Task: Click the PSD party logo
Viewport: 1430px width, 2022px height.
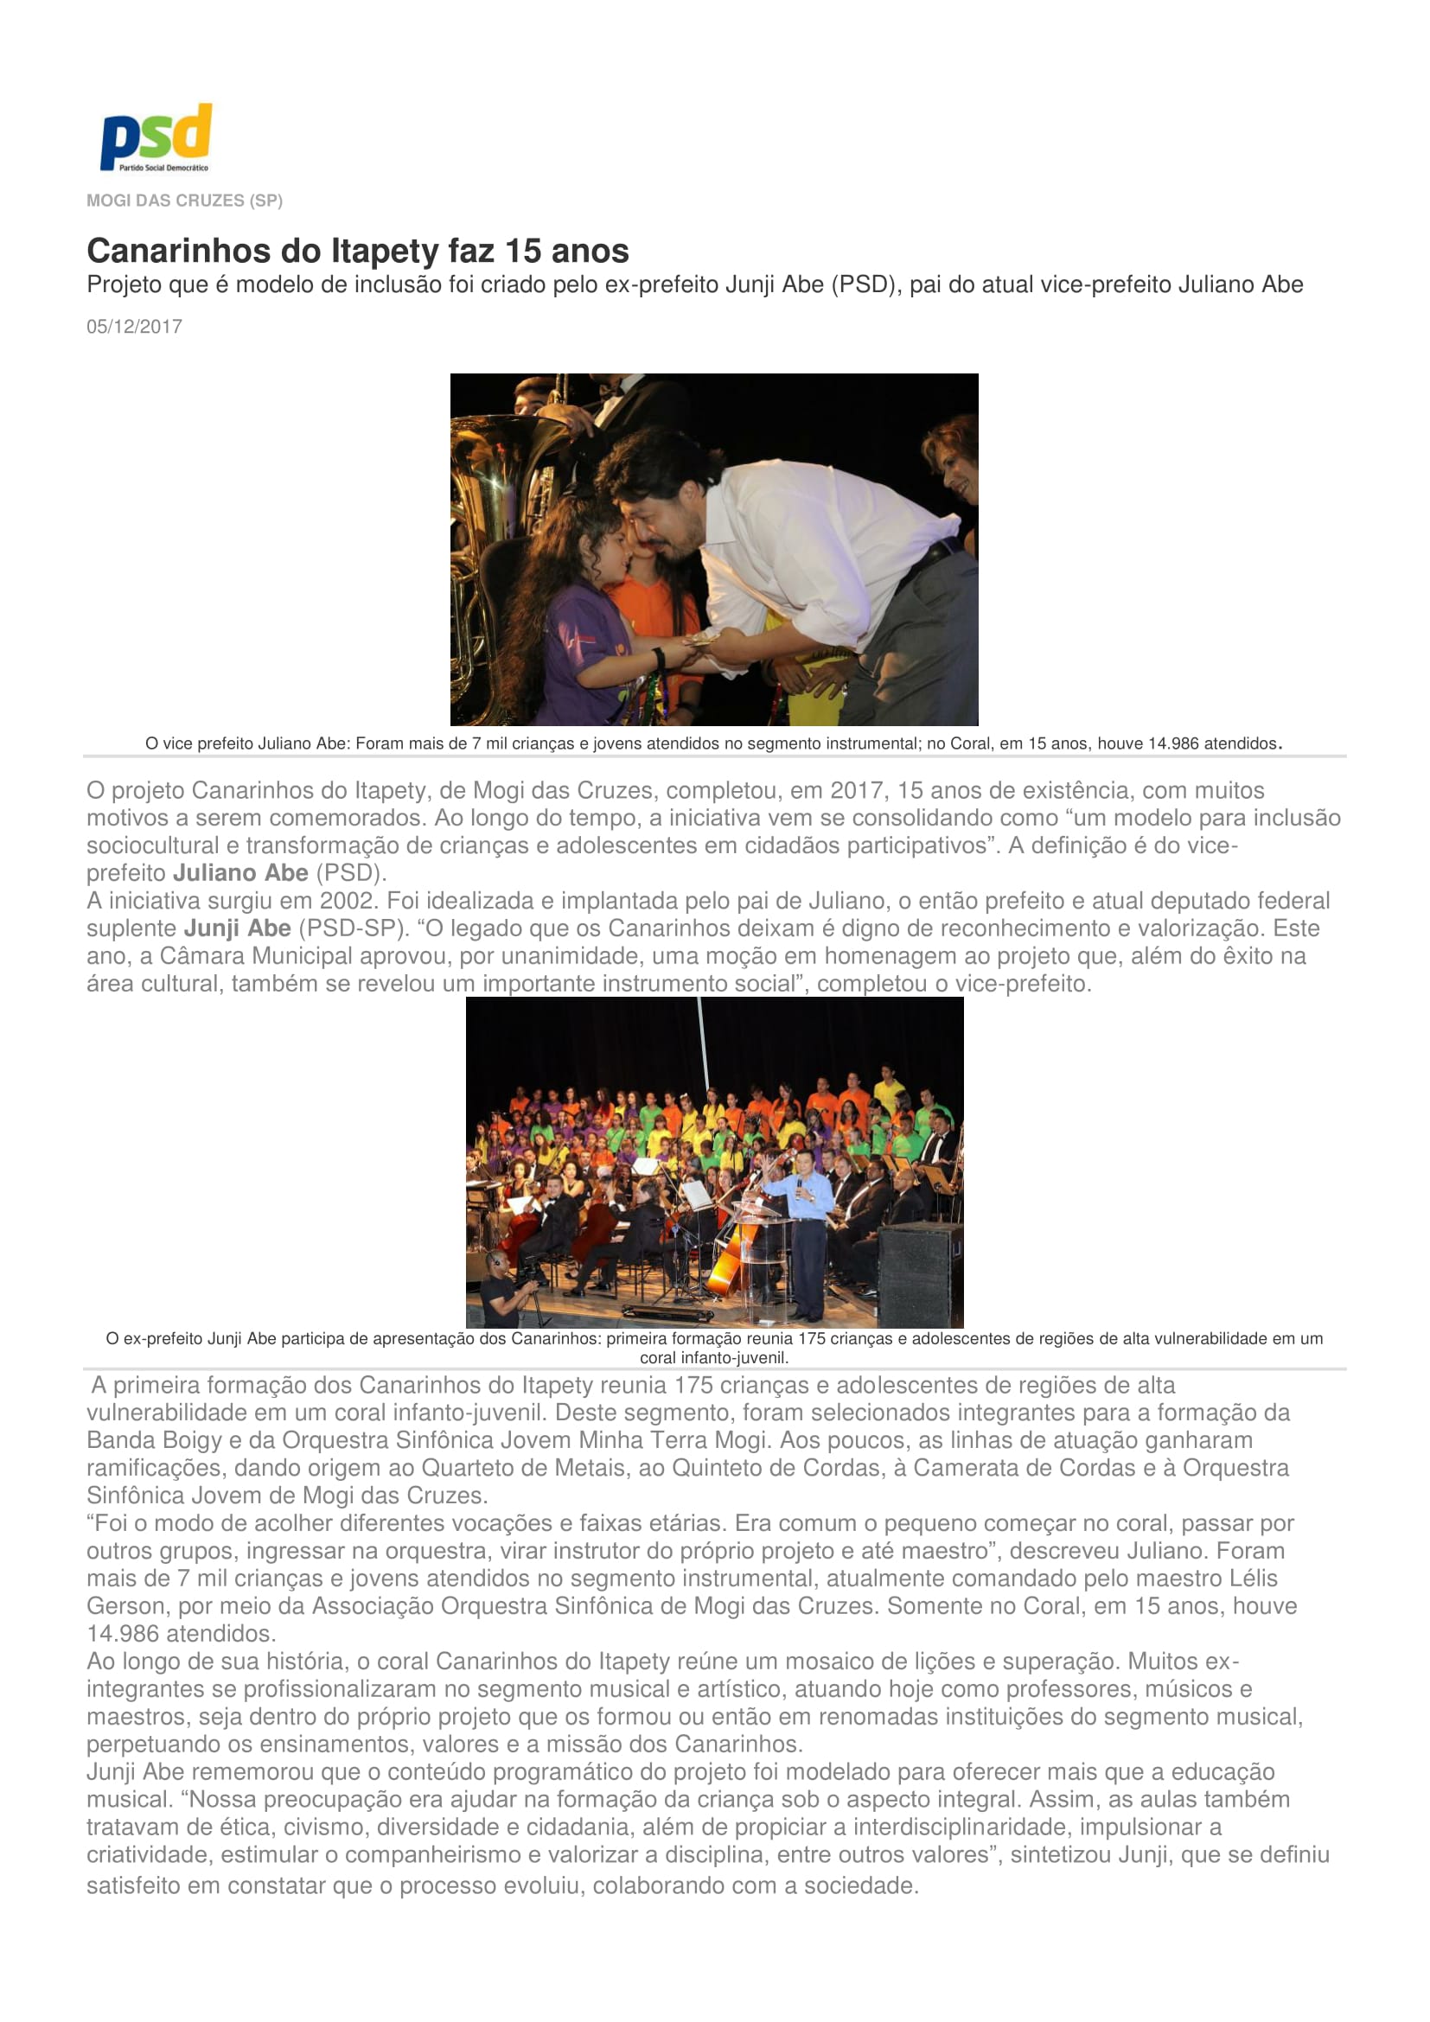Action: [x=156, y=137]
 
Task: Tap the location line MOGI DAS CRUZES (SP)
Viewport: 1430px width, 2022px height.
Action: [x=184, y=201]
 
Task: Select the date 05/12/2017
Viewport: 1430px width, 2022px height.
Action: [x=134, y=327]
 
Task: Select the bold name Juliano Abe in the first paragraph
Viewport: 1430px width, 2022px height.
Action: [x=240, y=873]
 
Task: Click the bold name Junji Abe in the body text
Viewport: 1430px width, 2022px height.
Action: [x=237, y=928]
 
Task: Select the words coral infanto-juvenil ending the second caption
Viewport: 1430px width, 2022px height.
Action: [x=713, y=1358]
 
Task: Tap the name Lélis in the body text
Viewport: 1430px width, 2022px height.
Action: [x=1253, y=1579]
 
